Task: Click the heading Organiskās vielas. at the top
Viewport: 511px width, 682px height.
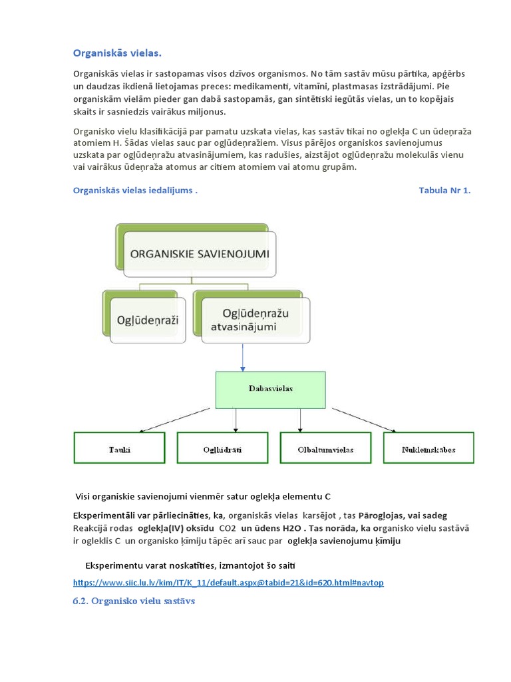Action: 116,53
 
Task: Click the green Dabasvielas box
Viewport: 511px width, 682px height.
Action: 270,389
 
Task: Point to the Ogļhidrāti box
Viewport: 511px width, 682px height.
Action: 222,448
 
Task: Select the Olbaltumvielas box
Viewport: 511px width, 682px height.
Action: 326,448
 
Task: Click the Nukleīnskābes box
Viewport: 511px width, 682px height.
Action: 428,448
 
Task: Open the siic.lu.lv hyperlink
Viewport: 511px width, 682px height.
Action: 228,583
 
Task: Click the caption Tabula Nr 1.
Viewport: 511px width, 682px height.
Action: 444,190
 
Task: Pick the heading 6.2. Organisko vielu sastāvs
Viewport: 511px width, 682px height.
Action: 133,601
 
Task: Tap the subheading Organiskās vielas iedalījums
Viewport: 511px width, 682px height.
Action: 134,190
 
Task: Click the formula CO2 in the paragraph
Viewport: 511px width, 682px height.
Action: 228,528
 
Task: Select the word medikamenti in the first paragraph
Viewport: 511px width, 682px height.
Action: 273,86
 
